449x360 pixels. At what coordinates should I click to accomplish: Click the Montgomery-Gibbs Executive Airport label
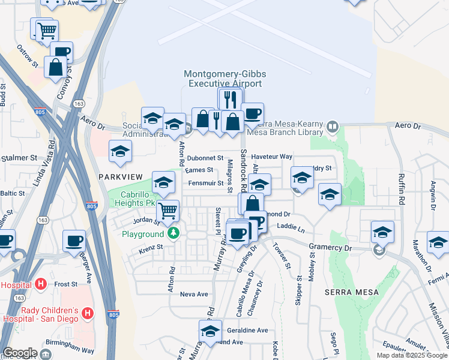[x=224, y=79]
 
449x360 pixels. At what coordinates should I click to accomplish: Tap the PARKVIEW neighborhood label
[x=120, y=176]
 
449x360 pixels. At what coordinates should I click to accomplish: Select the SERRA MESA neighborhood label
[x=352, y=292]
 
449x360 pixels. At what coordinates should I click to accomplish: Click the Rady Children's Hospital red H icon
[x=87, y=313]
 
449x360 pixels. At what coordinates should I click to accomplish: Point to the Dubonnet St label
[x=205, y=158]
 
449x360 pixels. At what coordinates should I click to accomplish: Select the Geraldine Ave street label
[x=247, y=330]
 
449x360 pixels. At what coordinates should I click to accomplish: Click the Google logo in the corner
[x=19, y=353]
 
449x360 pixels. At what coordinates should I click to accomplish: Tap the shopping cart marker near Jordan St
[x=168, y=210]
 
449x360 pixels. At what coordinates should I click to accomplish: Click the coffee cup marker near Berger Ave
[x=74, y=241]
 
